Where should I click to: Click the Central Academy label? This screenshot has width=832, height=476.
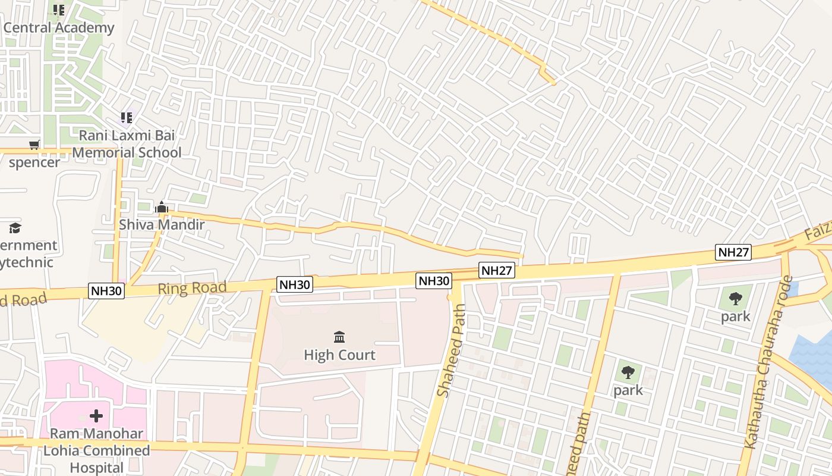pyautogui.click(x=59, y=28)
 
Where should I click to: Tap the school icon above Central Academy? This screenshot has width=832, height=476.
pyautogui.click(x=58, y=10)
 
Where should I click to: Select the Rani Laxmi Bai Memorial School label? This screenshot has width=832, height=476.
pyautogui.click(x=127, y=144)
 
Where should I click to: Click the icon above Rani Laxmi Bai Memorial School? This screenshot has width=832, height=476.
pyautogui.click(x=126, y=118)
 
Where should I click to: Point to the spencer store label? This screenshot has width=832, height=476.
pyautogui.click(x=34, y=162)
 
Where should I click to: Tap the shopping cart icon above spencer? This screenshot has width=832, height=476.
pyautogui.click(x=34, y=145)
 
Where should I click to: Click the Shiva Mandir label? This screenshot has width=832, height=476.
pyautogui.click(x=162, y=224)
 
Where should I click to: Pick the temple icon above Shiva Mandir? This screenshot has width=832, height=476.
pyautogui.click(x=162, y=207)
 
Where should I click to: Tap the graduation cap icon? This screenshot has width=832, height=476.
pyautogui.click(x=15, y=228)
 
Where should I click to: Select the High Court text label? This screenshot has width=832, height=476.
pyautogui.click(x=339, y=355)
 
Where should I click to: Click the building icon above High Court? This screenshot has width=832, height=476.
pyautogui.click(x=339, y=337)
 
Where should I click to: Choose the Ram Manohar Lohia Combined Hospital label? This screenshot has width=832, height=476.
pyautogui.click(x=96, y=450)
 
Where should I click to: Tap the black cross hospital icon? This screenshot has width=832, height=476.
pyautogui.click(x=96, y=415)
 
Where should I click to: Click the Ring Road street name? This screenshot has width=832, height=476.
pyautogui.click(x=192, y=289)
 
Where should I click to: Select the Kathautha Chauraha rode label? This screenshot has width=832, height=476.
pyautogui.click(x=768, y=363)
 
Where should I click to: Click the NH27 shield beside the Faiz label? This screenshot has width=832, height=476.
pyautogui.click(x=733, y=252)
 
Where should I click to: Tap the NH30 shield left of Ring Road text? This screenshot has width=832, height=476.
pyautogui.click(x=106, y=291)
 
